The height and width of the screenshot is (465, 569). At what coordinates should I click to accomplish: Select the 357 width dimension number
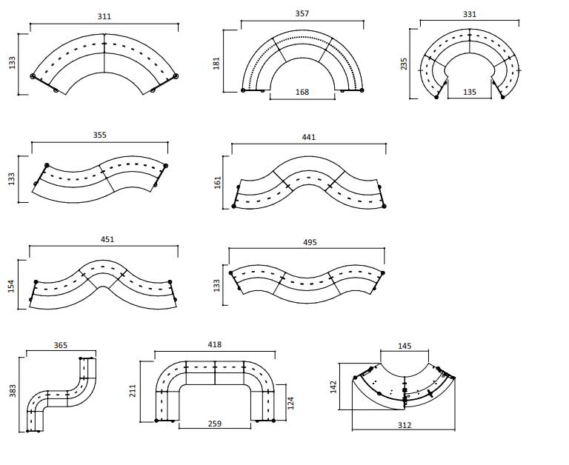tap(303, 14)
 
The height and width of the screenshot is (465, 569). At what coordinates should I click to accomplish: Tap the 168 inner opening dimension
tap(302, 93)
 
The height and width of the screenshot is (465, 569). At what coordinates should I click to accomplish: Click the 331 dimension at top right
tap(470, 14)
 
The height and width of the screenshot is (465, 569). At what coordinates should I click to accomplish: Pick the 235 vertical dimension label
tap(404, 64)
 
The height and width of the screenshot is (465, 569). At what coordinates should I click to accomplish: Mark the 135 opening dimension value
tap(470, 93)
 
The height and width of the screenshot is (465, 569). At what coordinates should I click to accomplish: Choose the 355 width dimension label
tap(99, 135)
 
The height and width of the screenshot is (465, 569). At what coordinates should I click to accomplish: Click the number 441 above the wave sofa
tap(308, 137)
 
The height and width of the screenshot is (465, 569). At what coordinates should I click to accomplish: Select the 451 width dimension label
tap(107, 240)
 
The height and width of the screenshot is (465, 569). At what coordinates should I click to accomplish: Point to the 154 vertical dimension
tap(12, 286)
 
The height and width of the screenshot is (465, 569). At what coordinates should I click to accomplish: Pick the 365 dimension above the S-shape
tap(61, 344)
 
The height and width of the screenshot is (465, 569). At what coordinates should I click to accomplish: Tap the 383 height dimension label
tap(12, 391)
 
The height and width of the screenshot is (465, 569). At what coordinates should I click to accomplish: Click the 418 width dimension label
tap(215, 344)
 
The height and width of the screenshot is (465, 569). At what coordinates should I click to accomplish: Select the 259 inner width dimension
tap(214, 424)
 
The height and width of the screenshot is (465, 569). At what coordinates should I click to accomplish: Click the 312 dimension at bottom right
tap(404, 425)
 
